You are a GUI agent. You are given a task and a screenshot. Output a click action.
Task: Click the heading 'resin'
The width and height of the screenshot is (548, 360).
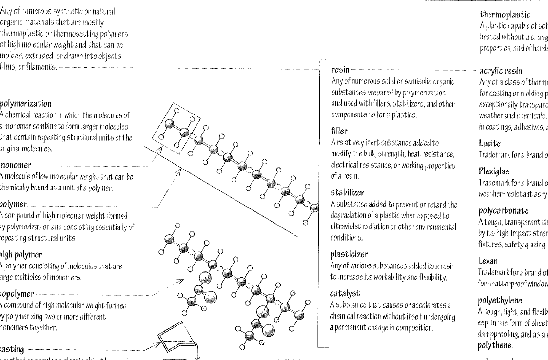click(340, 71)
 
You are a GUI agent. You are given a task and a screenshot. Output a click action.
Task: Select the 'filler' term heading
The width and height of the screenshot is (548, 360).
click(339, 131)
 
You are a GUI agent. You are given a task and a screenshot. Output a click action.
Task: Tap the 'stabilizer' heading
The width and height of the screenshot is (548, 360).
click(347, 192)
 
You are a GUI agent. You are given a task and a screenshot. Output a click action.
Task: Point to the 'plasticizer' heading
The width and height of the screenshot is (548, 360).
click(349, 254)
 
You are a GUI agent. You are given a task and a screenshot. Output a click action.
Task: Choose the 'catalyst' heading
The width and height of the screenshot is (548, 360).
click(345, 293)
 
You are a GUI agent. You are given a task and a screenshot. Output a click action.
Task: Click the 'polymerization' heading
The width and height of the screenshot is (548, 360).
click(25, 103)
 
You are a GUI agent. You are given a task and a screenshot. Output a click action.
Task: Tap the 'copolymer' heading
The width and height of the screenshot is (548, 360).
click(17, 294)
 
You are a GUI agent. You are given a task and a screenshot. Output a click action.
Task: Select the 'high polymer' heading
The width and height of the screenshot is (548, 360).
click(21, 255)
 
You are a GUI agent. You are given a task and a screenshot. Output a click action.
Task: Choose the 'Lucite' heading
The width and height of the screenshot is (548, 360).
click(489, 144)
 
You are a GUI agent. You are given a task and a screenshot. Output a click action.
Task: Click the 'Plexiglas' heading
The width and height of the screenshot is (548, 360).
click(494, 171)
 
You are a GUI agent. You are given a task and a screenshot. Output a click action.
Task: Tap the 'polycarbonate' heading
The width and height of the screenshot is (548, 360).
click(503, 211)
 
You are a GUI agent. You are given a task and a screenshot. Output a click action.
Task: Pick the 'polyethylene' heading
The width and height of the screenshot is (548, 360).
click(500, 301)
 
